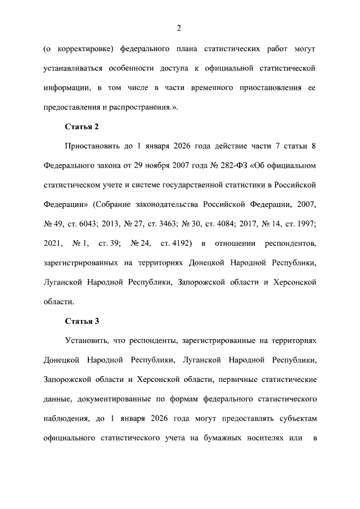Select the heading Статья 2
(82, 126)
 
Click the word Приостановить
(92, 146)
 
